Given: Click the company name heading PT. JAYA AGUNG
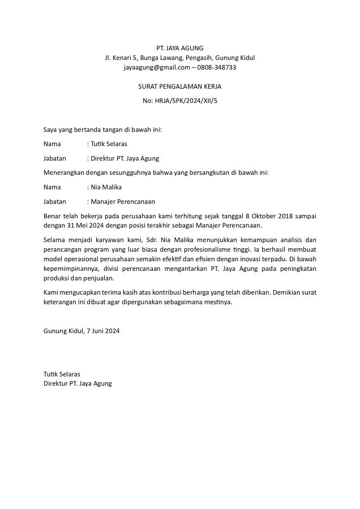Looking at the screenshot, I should tap(179, 48).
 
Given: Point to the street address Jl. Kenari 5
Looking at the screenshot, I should tap(121, 58).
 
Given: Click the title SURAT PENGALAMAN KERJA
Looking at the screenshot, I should tap(179, 87).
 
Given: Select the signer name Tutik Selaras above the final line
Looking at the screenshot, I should tap(62, 374).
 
